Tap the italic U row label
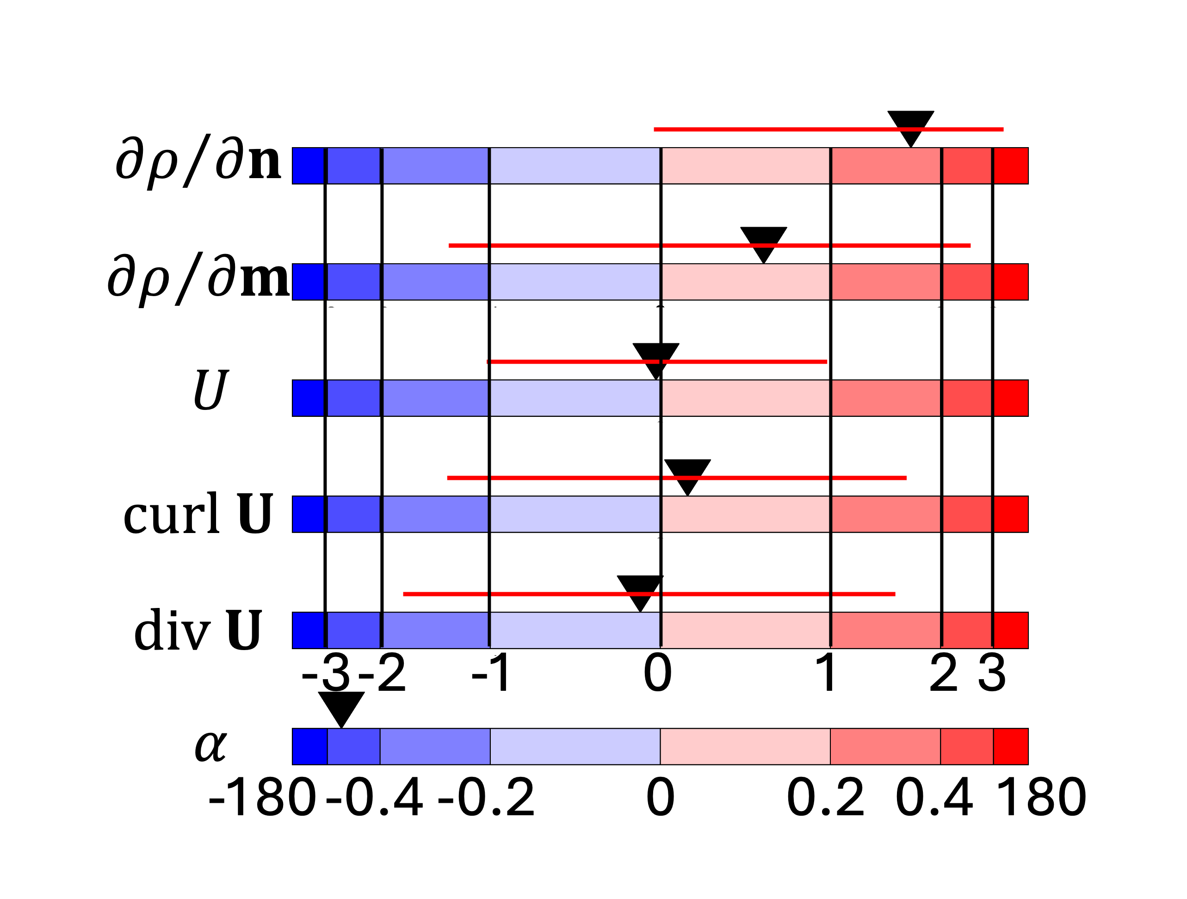pyautogui.click(x=210, y=390)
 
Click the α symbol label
pyautogui.click(x=210, y=746)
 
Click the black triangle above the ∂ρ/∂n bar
pyautogui.click(x=911, y=124)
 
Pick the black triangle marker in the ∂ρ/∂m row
pyautogui.click(x=764, y=241)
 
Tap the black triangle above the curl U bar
pyautogui.click(x=687, y=473)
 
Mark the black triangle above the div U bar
pyautogui.click(x=640, y=589)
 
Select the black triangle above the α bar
pyautogui.click(x=341, y=706)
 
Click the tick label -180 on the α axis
pyautogui.click(x=262, y=798)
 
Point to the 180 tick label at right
pyautogui.click(x=1041, y=798)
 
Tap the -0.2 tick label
pyautogui.click(x=486, y=798)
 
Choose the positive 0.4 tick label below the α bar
pyautogui.click(x=934, y=798)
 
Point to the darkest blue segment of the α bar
pyautogui.click(x=309, y=747)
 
